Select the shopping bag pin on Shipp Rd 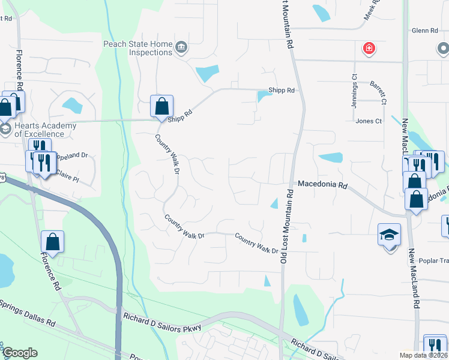pos(161,107)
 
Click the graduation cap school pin pos(389,236)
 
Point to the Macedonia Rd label pos(323,185)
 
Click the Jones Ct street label pos(369,121)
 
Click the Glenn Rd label pos(425,31)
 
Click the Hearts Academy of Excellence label pos(46,130)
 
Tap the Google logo pos(20,353)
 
